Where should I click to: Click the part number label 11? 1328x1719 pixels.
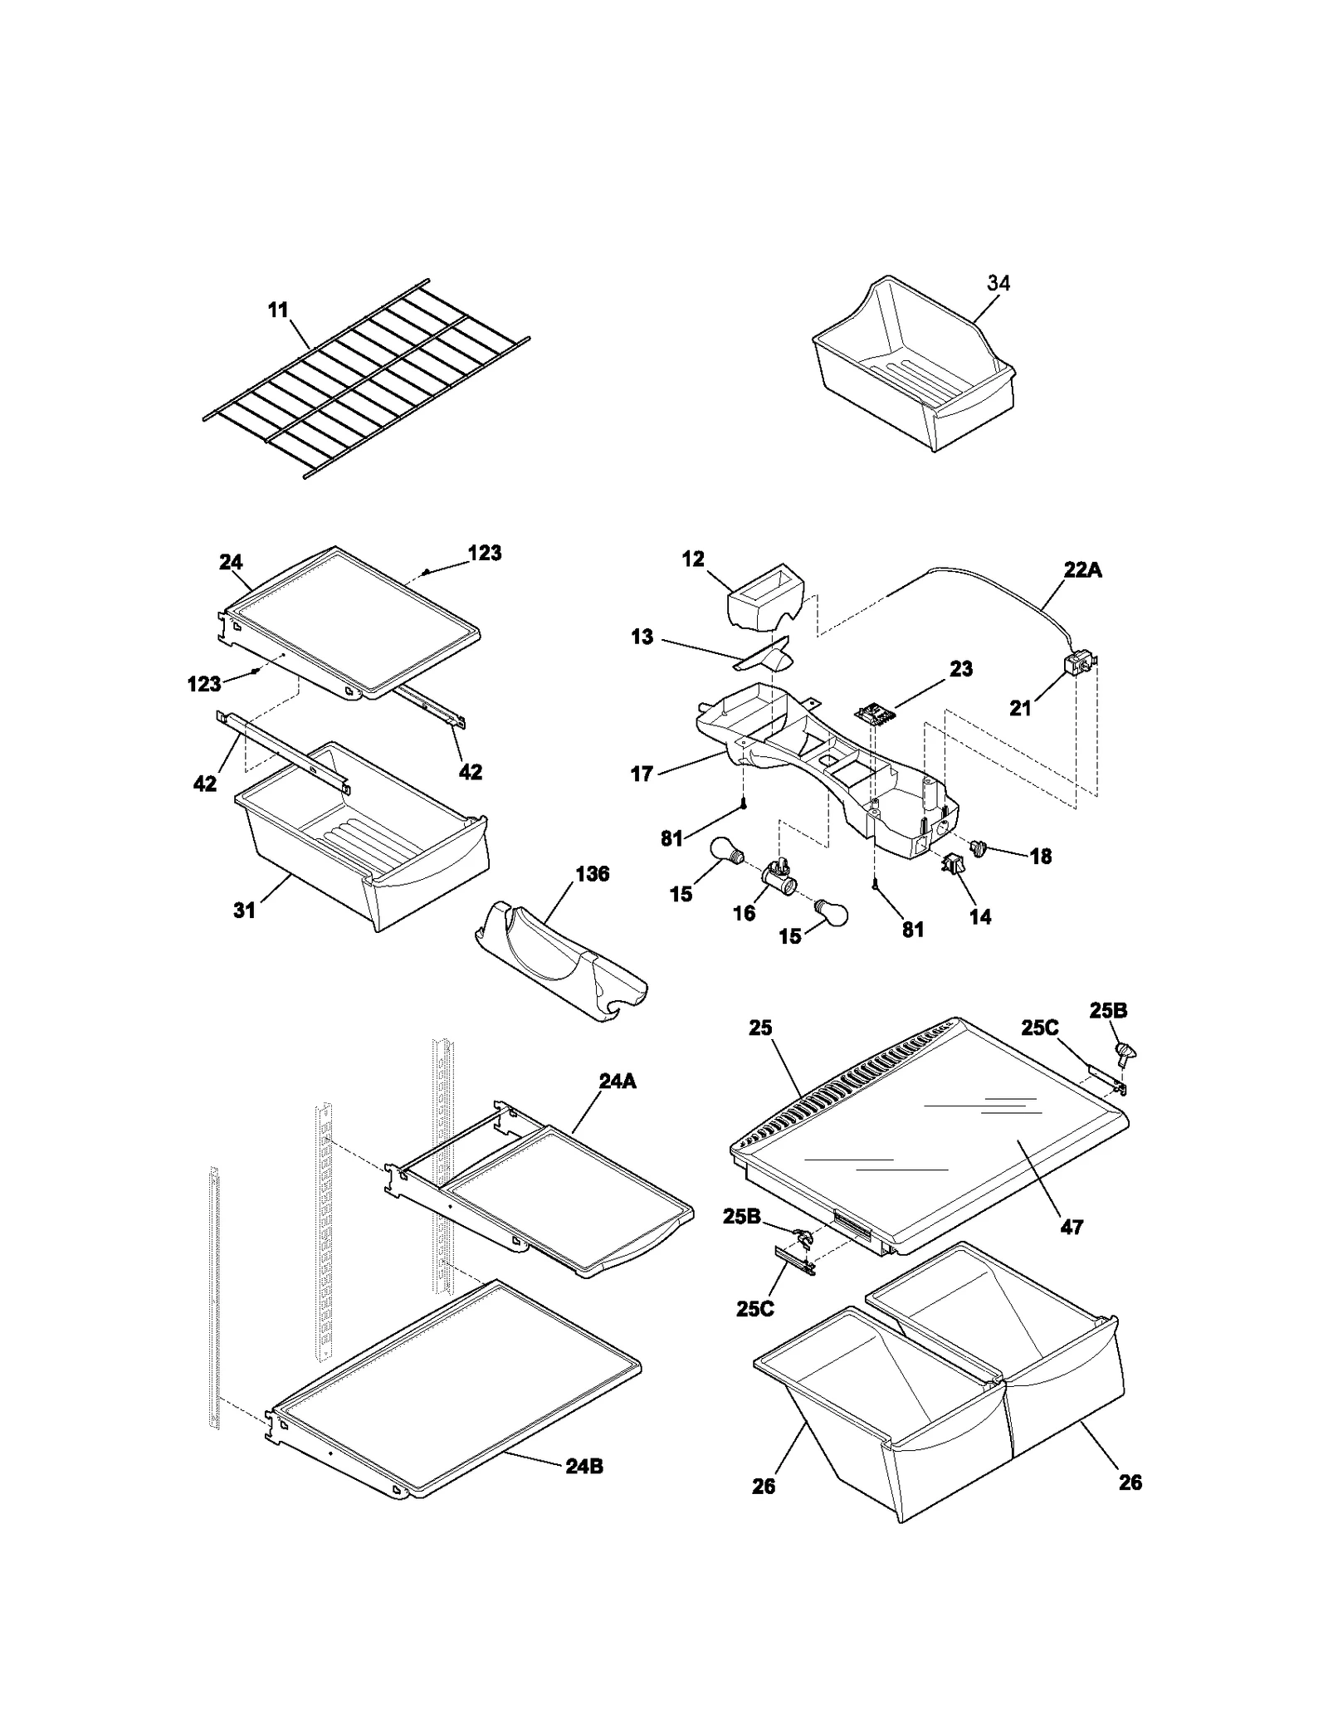(277, 310)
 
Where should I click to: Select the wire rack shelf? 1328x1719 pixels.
(365, 378)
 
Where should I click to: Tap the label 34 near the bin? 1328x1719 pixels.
(998, 283)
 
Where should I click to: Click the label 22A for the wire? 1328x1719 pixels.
(1083, 570)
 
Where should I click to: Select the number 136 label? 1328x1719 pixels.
(592, 874)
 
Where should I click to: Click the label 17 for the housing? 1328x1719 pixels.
(642, 775)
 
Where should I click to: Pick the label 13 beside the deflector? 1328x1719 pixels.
(642, 637)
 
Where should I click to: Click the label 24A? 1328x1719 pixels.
(617, 1081)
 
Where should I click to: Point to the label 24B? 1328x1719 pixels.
(584, 1466)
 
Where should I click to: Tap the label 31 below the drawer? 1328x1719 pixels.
(244, 911)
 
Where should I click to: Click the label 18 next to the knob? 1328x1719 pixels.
(1040, 857)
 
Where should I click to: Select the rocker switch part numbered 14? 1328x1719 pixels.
(951, 866)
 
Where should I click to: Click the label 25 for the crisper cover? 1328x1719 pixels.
(760, 1028)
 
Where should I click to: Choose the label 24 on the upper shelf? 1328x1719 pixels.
(231, 562)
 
